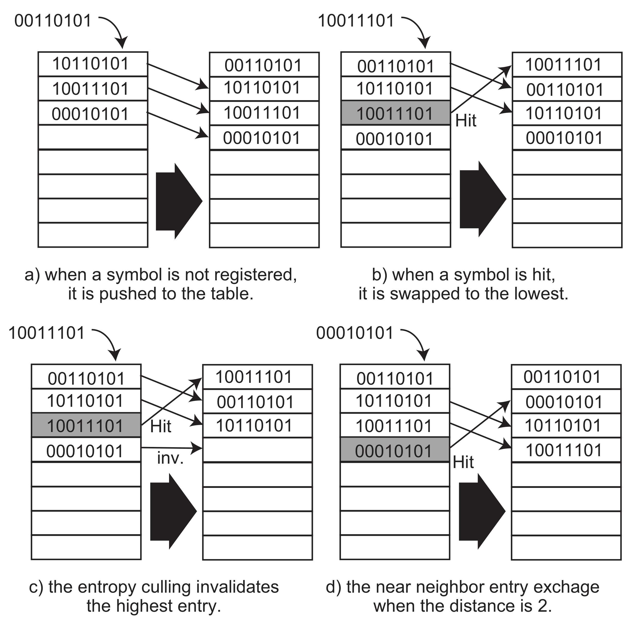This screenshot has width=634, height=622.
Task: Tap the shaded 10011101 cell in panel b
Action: (395, 113)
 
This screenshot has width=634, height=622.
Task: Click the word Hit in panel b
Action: (465, 120)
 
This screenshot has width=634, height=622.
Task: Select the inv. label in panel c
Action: (170, 458)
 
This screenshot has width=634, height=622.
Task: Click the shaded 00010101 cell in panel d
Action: (394, 450)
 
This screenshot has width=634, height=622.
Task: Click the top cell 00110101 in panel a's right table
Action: (264, 65)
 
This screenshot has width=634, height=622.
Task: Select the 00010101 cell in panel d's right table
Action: (566, 401)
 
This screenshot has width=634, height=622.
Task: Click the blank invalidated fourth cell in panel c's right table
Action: (257, 450)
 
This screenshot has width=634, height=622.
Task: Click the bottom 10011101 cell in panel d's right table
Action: (566, 450)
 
